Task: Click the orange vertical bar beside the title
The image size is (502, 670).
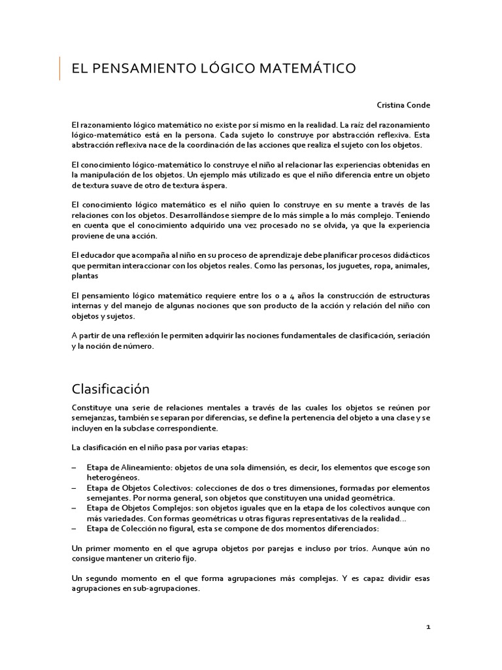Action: click(x=60, y=68)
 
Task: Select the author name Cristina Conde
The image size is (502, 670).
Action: click(x=403, y=105)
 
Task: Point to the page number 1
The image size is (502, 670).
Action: click(x=428, y=626)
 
